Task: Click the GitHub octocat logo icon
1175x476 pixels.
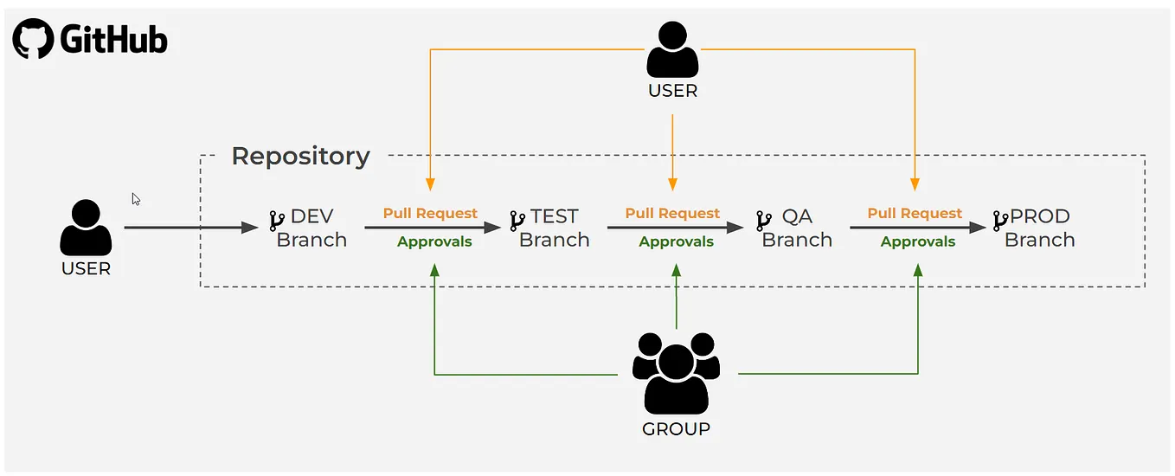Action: pos(34,39)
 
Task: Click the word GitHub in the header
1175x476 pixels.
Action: pos(113,40)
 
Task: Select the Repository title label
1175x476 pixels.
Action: pos(300,157)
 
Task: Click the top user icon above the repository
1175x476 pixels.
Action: pos(672,50)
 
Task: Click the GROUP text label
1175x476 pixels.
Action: pos(676,428)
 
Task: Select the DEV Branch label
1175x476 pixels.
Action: pos(311,228)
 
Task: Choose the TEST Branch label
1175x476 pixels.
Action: pos(554,228)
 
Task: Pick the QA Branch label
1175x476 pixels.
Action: pos(797,228)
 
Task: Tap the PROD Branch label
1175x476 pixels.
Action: pos(1039,228)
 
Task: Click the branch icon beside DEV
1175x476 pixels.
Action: pos(277,220)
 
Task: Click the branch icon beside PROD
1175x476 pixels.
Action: pos(1000,220)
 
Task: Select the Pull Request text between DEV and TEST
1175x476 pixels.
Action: pos(430,214)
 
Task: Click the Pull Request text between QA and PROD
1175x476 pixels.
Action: pos(915,214)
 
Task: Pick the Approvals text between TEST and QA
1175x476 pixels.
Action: pos(676,242)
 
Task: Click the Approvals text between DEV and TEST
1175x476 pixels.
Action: pos(434,242)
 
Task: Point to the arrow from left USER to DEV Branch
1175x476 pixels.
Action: pos(190,228)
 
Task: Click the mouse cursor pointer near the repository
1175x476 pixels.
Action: pos(136,199)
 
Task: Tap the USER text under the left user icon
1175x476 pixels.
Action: pos(86,269)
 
